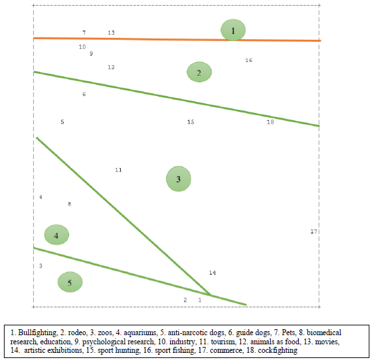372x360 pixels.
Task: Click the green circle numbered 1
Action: pos(232,30)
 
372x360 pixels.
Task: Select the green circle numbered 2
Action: pos(199,73)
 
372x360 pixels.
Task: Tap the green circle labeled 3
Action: pos(178,178)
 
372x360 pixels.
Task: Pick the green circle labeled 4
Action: pos(57,235)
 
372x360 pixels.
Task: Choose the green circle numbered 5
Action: pos(70,282)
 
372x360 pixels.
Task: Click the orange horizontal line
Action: pos(163,39)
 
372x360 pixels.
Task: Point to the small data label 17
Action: pos(313,232)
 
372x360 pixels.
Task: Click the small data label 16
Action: pos(249,60)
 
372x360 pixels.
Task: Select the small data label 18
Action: pos(270,122)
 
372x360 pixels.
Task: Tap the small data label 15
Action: pos(191,122)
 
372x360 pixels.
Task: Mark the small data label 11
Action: pos(118,170)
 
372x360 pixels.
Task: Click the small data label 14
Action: pos(212,272)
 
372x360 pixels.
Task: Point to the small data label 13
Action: pos(111,32)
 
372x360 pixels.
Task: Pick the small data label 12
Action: pos(111,67)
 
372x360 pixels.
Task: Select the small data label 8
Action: pos(70,204)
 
